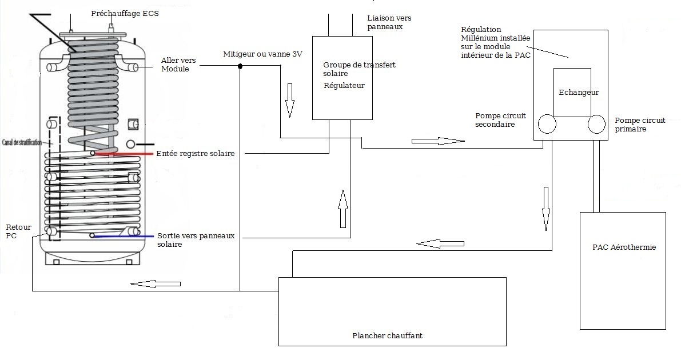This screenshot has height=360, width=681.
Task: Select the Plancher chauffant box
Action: point(392,311)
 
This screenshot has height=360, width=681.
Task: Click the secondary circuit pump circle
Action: point(547,124)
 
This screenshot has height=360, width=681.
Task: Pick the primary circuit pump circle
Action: point(597,124)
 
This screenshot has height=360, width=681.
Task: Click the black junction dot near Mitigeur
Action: point(240,66)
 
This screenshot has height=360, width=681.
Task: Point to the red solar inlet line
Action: point(125,154)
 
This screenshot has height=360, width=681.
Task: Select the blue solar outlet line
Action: point(124,236)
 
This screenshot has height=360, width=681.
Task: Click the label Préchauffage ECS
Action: point(125,14)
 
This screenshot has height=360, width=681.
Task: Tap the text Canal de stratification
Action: point(22,142)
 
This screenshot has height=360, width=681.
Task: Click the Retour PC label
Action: point(18,231)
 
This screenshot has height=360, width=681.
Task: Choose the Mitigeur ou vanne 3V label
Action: point(263,54)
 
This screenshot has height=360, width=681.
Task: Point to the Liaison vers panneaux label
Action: point(389,22)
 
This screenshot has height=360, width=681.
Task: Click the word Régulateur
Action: point(344,86)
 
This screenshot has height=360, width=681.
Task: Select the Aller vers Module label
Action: point(178,65)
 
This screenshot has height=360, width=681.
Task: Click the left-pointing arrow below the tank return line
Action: point(156,284)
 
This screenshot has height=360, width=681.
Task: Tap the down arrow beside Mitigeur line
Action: point(290,101)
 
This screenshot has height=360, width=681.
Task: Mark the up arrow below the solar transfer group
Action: point(343,209)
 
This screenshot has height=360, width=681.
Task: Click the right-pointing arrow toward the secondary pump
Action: point(438,141)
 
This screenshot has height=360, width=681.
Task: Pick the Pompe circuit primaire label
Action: point(640,125)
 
